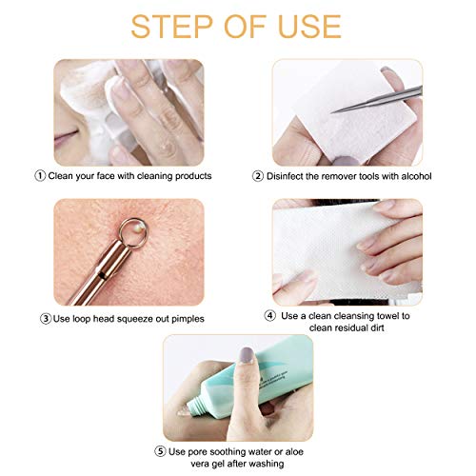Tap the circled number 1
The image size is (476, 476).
(x=40, y=175)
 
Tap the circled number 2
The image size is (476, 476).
(x=258, y=176)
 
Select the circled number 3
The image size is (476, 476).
(x=46, y=319)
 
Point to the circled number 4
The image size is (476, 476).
(x=270, y=316)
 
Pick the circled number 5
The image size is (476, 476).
(x=160, y=451)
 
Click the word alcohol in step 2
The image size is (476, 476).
(x=416, y=176)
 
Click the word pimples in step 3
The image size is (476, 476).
(x=188, y=319)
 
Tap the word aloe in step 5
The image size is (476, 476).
(x=294, y=451)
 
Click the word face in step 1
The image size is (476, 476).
(x=106, y=175)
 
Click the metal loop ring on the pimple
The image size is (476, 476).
(x=133, y=232)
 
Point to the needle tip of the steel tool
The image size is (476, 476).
(x=331, y=112)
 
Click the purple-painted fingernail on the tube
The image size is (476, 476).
(x=247, y=355)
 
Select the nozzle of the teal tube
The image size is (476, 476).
(x=194, y=406)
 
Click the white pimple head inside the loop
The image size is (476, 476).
(x=140, y=227)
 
